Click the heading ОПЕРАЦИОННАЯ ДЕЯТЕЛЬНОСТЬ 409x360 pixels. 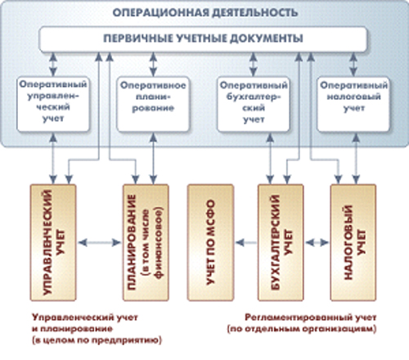(204, 12)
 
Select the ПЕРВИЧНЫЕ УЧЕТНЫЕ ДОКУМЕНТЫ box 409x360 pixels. (204, 39)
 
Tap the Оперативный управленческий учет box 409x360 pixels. (53, 104)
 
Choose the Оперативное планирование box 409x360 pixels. (153, 104)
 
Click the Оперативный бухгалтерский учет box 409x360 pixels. (254, 104)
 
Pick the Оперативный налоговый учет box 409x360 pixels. (353, 104)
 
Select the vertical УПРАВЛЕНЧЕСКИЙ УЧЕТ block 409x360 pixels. (53, 242)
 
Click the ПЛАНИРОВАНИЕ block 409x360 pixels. (146, 242)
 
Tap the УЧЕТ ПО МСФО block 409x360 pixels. (210, 242)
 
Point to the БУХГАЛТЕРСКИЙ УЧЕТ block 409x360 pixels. (281, 242)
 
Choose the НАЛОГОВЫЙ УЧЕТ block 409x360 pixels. (353, 242)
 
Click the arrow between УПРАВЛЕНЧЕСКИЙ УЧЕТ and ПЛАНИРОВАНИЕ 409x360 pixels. (99, 242)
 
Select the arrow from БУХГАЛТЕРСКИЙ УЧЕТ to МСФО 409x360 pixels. (246, 242)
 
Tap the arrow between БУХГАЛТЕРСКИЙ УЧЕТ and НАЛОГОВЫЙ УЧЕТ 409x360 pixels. (317, 242)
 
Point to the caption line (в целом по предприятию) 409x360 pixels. (97, 340)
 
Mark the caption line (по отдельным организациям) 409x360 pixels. (302, 329)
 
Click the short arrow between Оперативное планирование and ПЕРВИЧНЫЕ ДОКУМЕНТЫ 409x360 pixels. (153, 65)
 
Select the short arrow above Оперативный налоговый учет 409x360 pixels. (353, 65)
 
